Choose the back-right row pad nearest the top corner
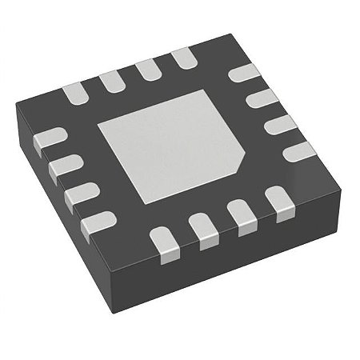(x=242, y=73)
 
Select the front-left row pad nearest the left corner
(x=50, y=138)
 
